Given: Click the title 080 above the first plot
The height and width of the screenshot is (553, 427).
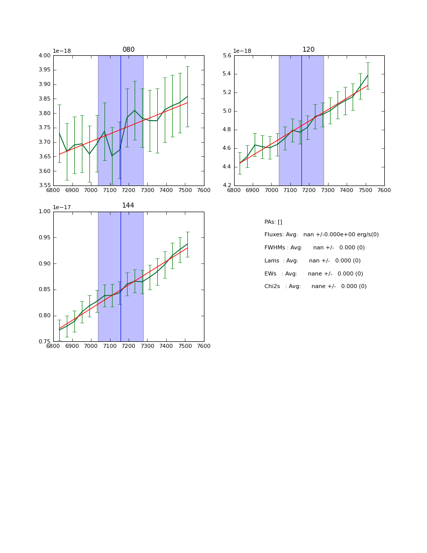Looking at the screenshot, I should [x=128, y=50].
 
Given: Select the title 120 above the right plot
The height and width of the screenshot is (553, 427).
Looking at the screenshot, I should [x=308, y=50].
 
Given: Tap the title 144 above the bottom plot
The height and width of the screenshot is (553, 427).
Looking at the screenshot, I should [x=128, y=206].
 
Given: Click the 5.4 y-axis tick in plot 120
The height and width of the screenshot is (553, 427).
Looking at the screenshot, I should [x=226, y=74].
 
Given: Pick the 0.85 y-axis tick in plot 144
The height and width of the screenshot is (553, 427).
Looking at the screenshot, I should [x=45, y=290].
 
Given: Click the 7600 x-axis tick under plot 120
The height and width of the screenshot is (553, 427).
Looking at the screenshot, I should [x=384, y=191].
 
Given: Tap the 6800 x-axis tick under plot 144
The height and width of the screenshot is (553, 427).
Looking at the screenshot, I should [x=53, y=346].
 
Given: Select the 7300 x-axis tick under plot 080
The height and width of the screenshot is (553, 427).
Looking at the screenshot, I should [x=147, y=191].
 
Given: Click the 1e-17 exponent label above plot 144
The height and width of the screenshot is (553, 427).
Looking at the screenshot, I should [x=62, y=207].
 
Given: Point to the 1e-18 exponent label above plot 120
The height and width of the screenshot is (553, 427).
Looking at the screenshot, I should [x=243, y=51].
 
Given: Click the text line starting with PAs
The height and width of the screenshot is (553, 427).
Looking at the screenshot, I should [x=273, y=222].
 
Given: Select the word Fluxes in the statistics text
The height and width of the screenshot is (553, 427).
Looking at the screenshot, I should [x=274, y=235].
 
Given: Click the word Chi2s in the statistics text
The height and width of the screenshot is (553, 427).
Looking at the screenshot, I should [x=273, y=287].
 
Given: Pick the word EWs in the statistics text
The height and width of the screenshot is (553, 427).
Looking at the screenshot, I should [x=271, y=274].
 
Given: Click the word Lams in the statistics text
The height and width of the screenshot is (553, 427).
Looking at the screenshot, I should [x=272, y=261].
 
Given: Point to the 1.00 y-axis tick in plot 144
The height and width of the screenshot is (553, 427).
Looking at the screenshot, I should [x=45, y=212].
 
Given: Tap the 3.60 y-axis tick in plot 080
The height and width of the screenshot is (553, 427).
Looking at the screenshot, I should [x=45, y=171].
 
